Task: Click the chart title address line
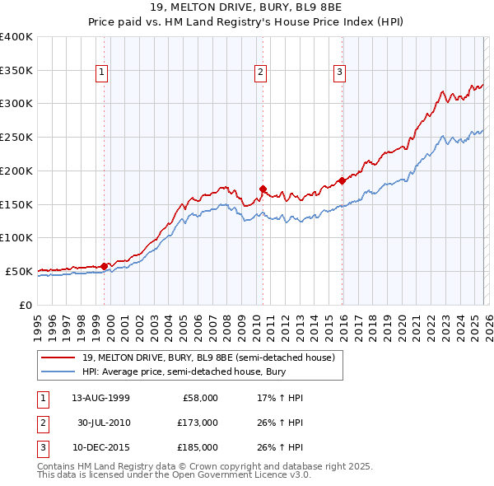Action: coord(247,7)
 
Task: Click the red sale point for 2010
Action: coord(263,189)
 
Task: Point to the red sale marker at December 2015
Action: coord(342,180)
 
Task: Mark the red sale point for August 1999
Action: coord(105,266)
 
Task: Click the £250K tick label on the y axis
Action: coord(16,138)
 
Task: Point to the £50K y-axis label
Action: coord(19,271)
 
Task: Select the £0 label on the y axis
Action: coord(26,305)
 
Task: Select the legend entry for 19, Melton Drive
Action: coord(207,357)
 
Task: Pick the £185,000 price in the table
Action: coord(197,447)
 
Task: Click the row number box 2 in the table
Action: coord(41,423)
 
